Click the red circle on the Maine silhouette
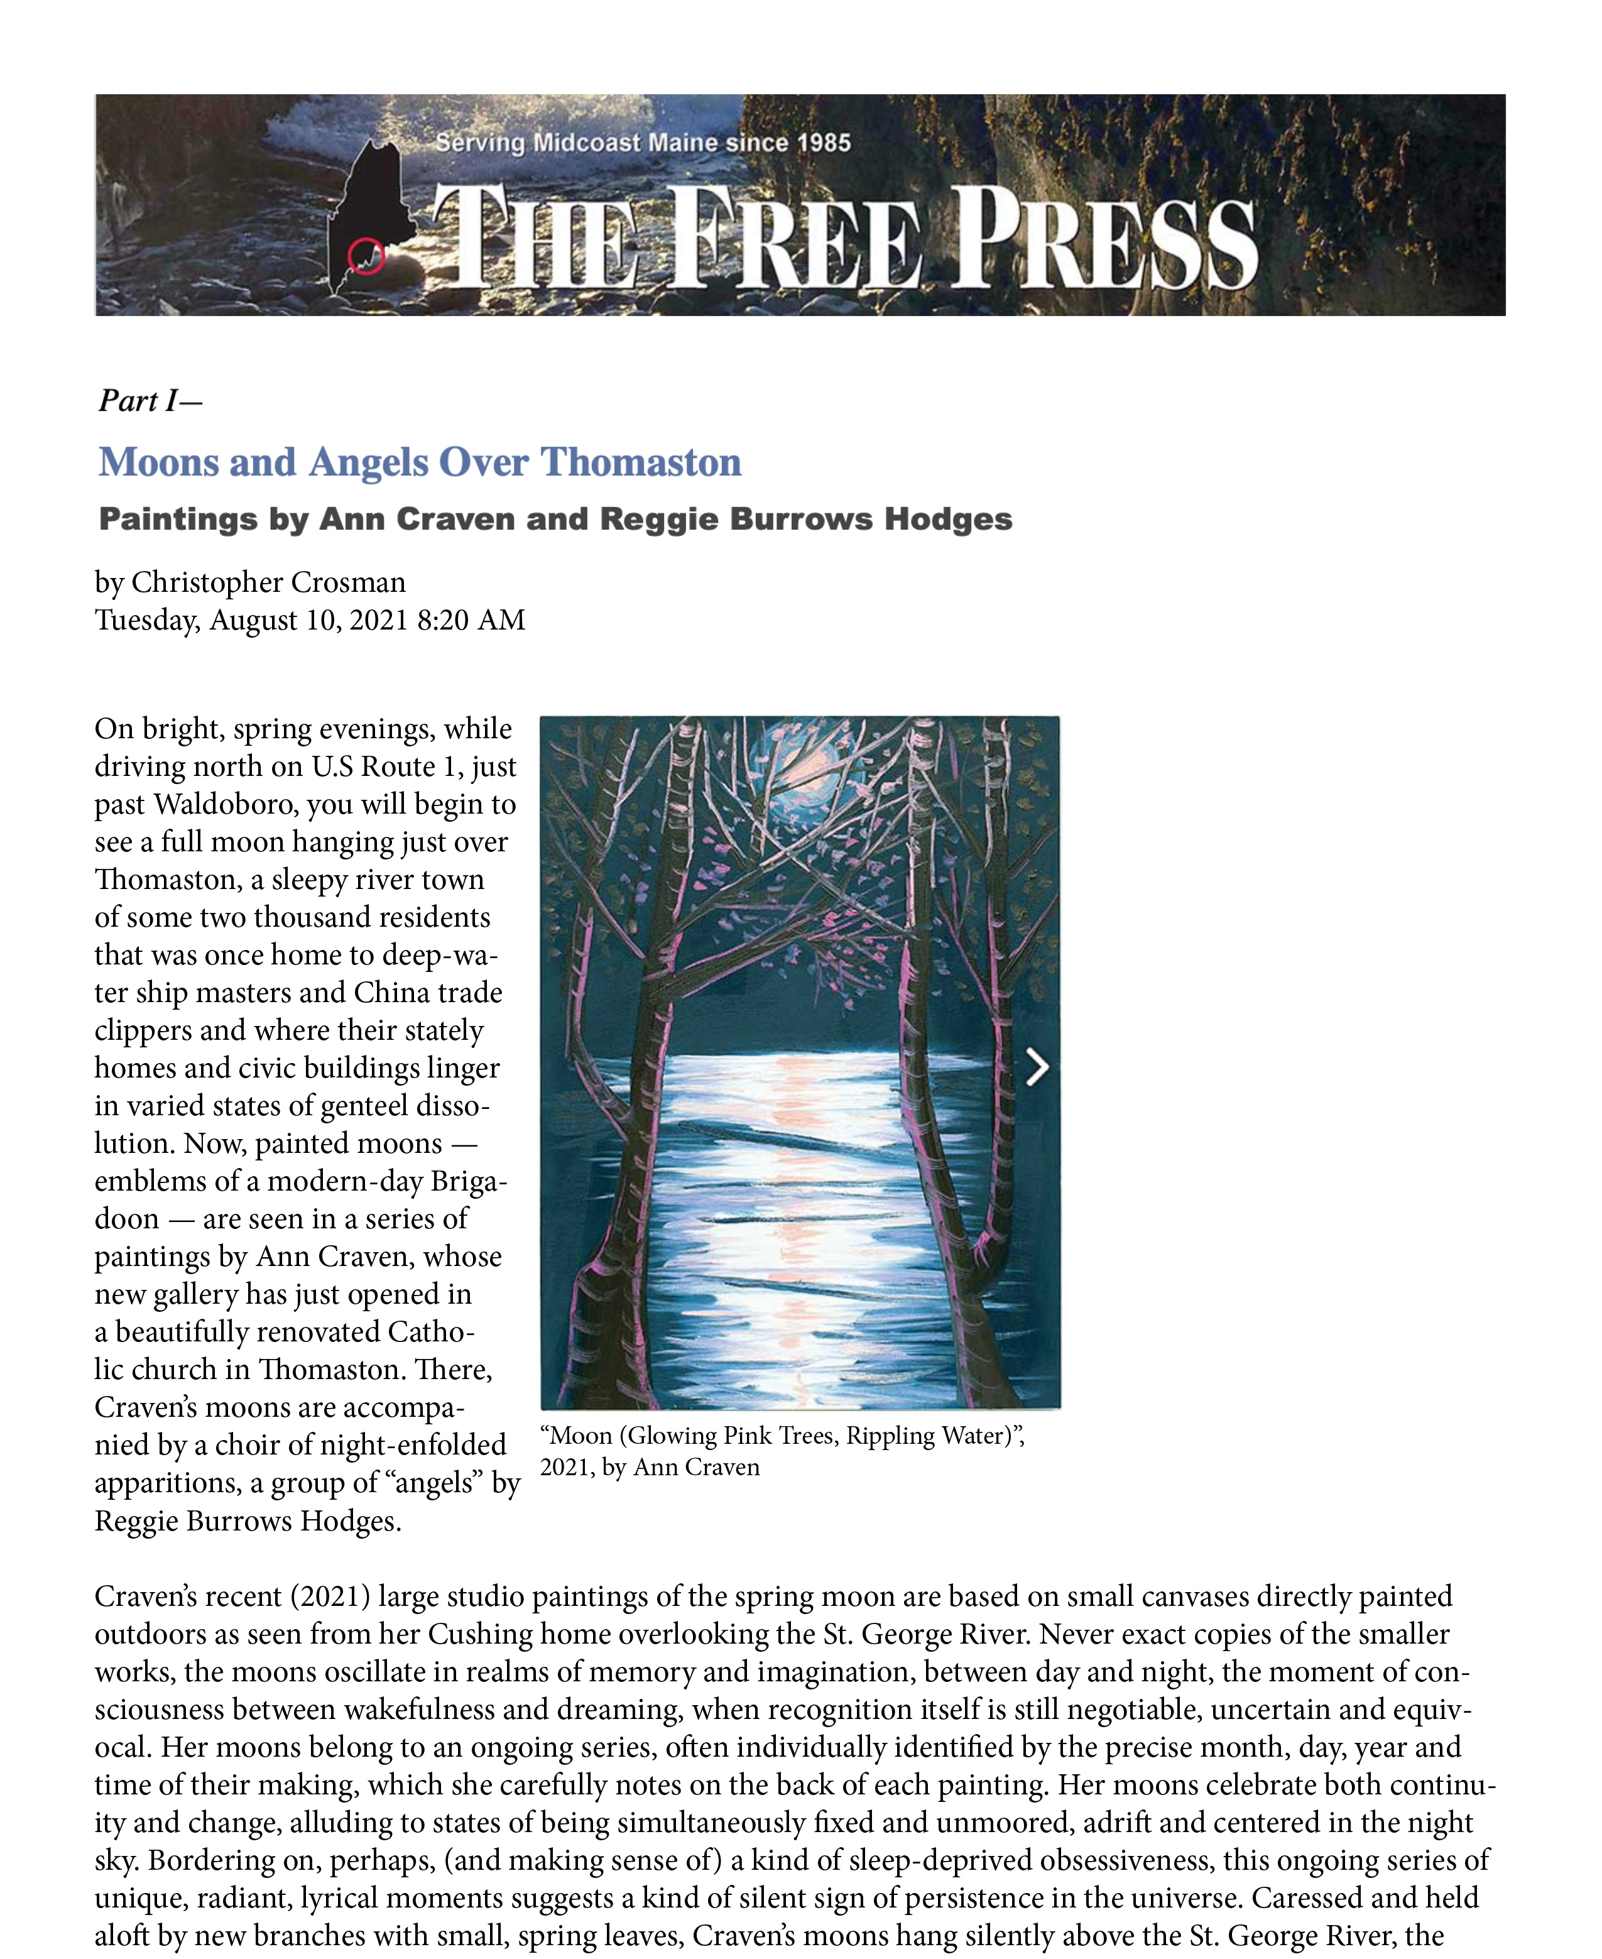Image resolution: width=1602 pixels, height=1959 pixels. point(366,256)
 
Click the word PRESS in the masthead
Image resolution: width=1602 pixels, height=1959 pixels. point(1104,238)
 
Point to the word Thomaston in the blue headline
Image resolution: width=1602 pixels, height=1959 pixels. point(640,462)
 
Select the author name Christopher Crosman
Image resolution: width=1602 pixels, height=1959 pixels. point(268,582)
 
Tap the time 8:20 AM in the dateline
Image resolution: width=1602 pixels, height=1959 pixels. point(471,620)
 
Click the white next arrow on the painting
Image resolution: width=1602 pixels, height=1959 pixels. point(1037,1067)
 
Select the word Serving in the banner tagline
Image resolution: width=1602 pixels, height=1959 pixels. point(480,143)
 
